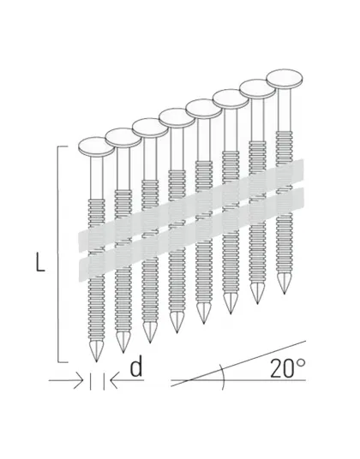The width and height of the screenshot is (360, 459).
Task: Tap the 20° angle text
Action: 287,367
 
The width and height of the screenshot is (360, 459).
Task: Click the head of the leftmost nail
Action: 96,148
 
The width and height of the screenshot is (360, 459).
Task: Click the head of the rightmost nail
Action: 285,79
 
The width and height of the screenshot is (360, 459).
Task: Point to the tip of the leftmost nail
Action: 96,362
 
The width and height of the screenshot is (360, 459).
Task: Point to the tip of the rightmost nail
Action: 285,293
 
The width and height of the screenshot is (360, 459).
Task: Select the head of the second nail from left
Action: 123,138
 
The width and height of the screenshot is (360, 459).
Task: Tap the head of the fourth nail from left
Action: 177,118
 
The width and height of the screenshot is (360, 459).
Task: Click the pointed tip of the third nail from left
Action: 150,343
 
